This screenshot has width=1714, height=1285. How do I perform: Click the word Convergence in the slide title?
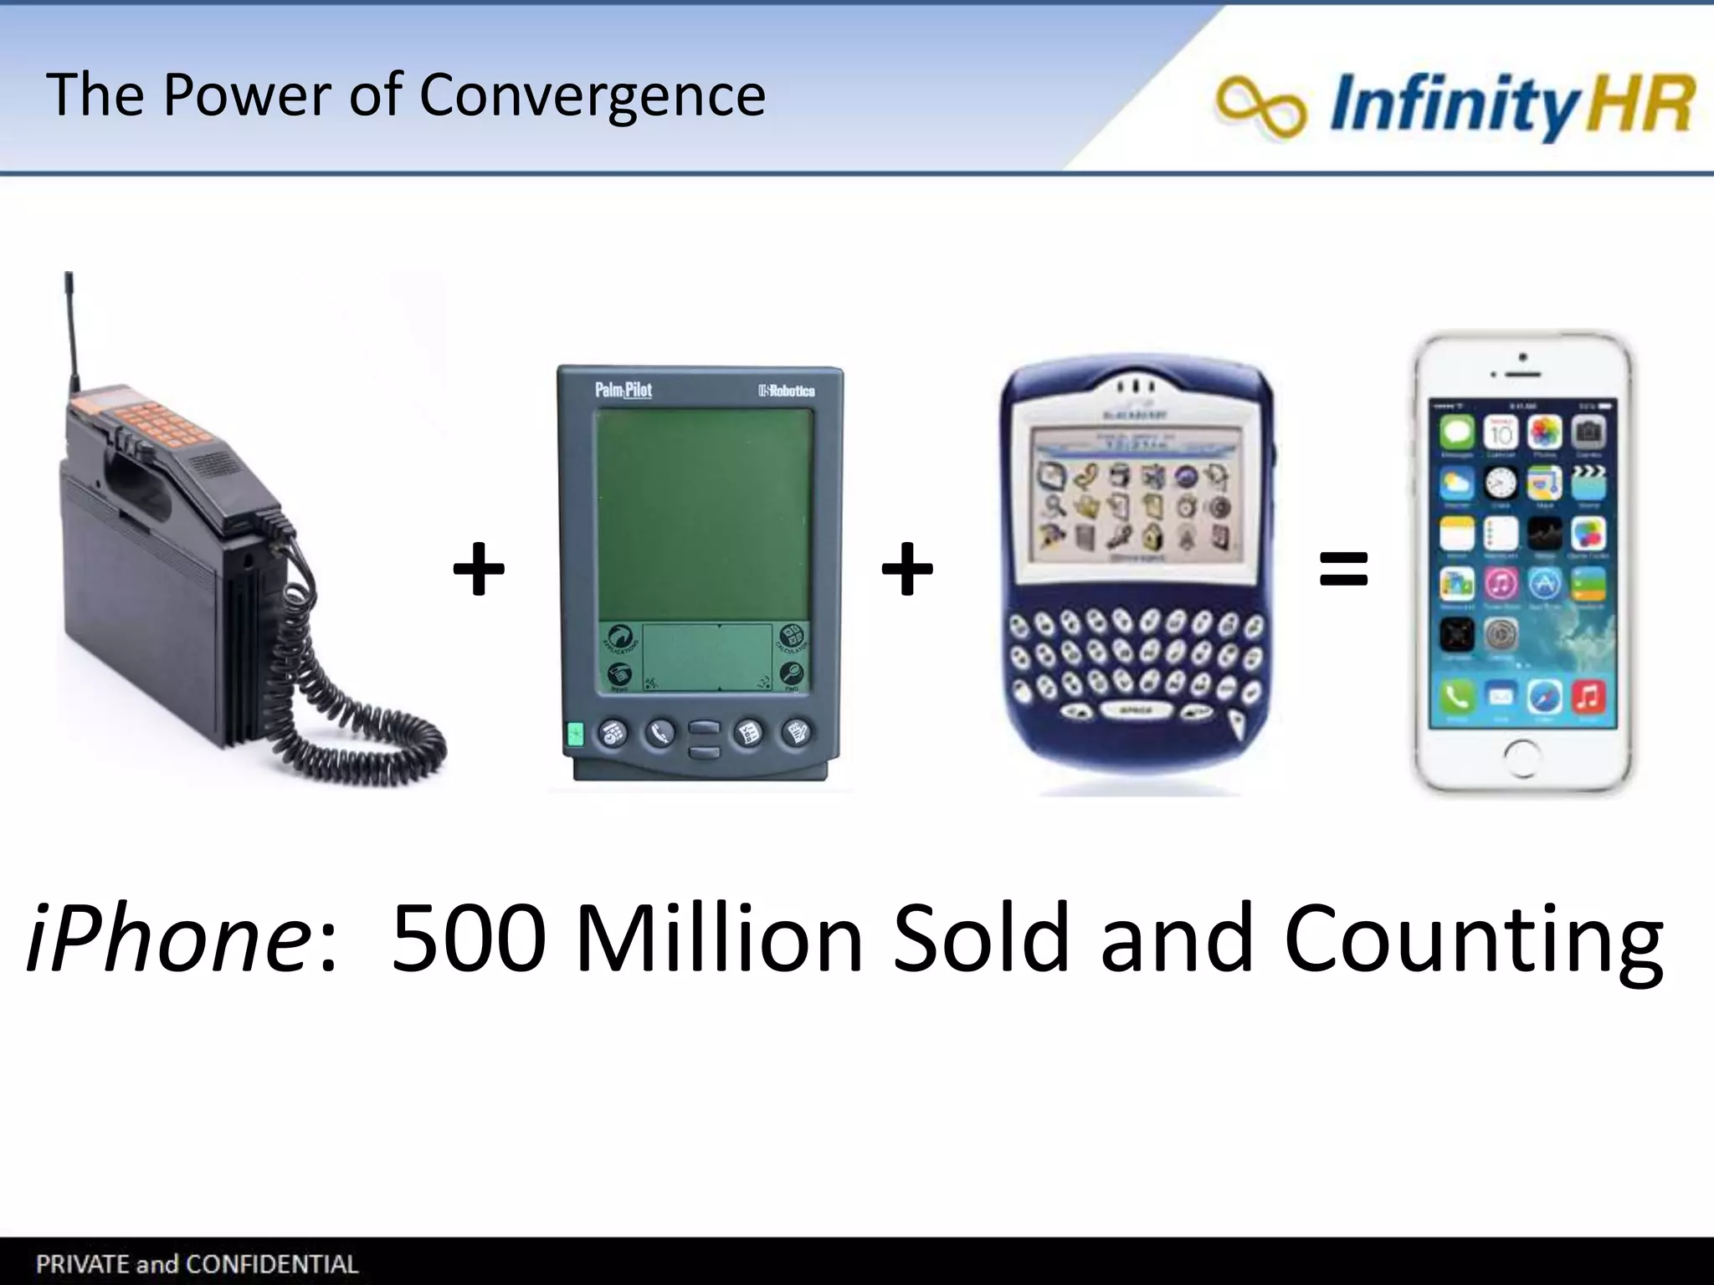[x=592, y=95]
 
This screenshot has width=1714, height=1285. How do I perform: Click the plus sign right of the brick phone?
[x=479, y=569]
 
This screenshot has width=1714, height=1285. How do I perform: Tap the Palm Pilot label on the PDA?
[x=623, y=390]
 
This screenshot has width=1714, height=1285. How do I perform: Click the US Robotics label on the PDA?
[x=786, y=391]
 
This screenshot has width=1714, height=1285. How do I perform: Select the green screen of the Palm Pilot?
[x=703, y=510]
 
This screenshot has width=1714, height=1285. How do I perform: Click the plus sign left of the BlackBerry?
[x=907, y=569]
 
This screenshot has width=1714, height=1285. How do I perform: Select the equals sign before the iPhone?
[x=1343, y=569]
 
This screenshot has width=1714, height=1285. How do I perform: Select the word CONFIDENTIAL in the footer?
[x=272, y=1263]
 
